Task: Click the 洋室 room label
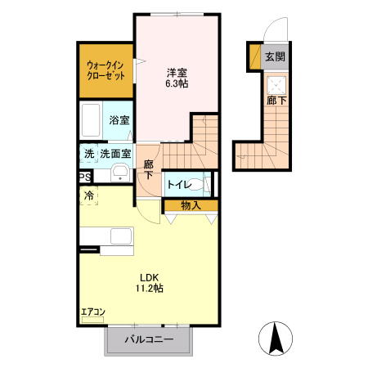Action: (x=177, y=71)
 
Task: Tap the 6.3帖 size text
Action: (x=177, y=83)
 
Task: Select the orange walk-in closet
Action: (x=105, y=70)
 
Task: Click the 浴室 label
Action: (x=119, y=120)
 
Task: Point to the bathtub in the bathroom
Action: (x=92, y=121)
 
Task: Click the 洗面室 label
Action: (x=116, y=153)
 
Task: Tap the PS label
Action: (x=84, y=177)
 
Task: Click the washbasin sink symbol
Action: (x=120, y=173)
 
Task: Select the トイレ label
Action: (x=178, y=185)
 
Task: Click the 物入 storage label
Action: (x=191, y=205)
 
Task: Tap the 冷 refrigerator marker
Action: (x=88, y=195)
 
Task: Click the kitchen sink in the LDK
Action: (x=121, y=238)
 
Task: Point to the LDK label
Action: (x=149, y=276)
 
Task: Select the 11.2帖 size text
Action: (x=149, y=289)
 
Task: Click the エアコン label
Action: (x=92, y=312)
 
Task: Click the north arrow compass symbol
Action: (x=276, y=338)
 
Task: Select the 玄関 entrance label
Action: (x=275, y=57)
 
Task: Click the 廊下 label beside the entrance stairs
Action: (x=276, y=102)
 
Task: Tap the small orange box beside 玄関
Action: (x=254, y=57)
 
